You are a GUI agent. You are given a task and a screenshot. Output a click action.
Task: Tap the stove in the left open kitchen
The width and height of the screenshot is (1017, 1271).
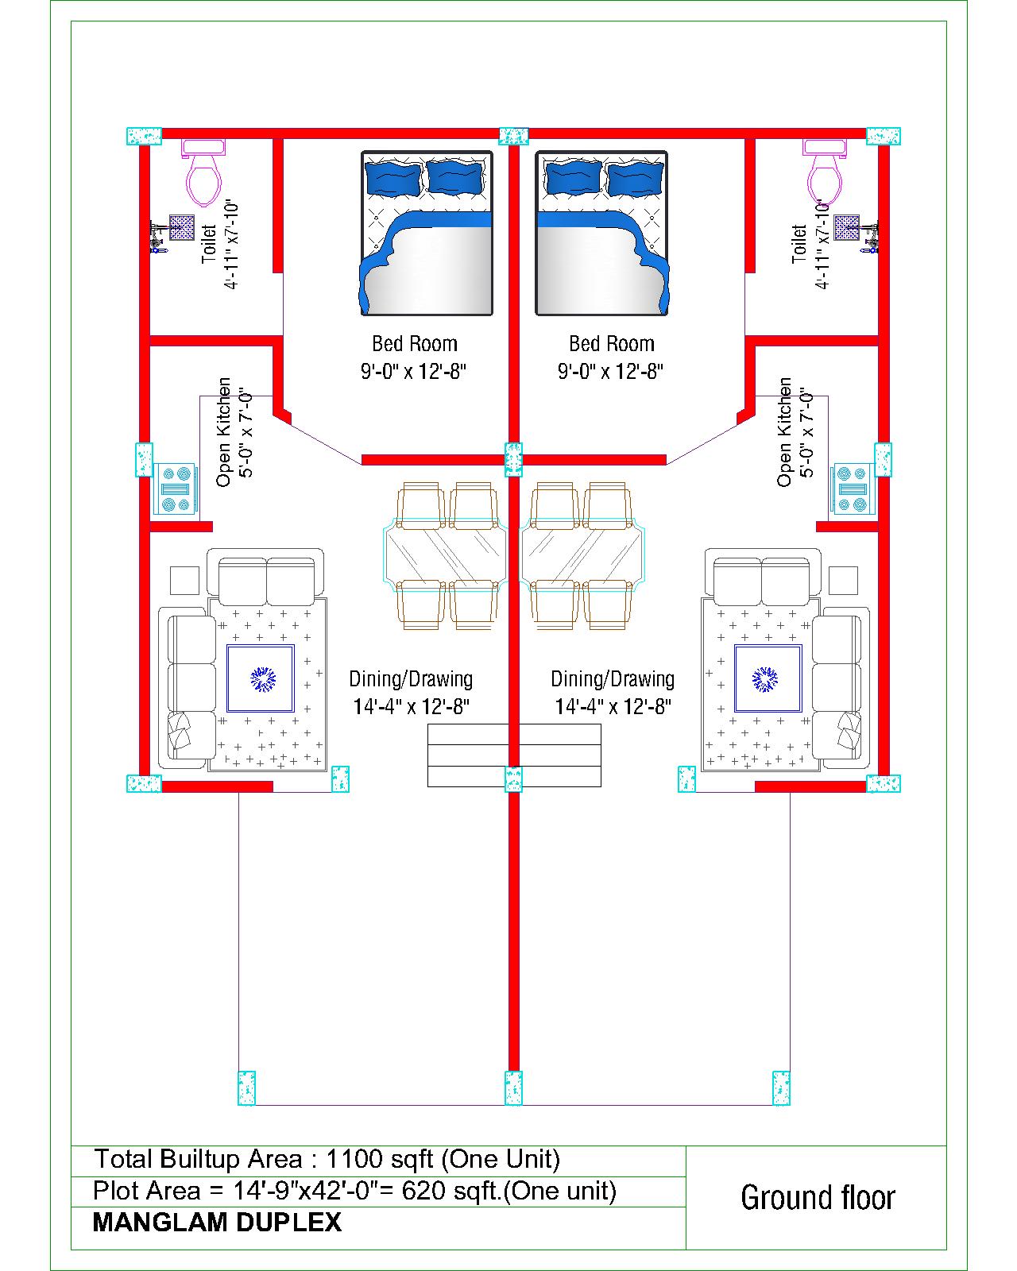point(176,489)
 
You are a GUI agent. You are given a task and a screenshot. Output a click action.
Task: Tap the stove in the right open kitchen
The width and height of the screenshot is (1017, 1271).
point(852,489)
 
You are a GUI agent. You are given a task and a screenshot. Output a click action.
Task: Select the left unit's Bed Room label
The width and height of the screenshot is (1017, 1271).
point(414,344)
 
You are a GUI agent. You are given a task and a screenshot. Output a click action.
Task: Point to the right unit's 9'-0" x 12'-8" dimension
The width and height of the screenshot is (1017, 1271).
point(610,372)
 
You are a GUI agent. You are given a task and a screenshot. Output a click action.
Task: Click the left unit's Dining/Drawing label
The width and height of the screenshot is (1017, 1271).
point(411,679)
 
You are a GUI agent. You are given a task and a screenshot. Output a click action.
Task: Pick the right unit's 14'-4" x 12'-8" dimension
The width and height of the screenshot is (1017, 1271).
point(613,706)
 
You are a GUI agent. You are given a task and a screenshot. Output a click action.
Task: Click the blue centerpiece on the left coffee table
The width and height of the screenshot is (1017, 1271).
point(263,679)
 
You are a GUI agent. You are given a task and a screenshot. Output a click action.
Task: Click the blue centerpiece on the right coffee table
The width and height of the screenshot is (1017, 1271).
point(764,679)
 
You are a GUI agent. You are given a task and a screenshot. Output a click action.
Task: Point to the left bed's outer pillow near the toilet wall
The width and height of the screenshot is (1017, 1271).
point(393,178)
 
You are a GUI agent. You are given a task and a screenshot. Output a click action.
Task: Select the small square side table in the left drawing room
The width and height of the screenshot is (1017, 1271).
point(184,580)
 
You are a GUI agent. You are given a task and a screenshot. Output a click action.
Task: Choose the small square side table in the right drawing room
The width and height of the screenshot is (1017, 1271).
point(843,580)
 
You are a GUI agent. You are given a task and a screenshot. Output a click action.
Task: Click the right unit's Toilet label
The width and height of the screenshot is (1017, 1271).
point(799,243)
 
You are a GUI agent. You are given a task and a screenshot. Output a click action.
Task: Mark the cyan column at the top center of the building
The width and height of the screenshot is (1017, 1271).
point(513,136)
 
